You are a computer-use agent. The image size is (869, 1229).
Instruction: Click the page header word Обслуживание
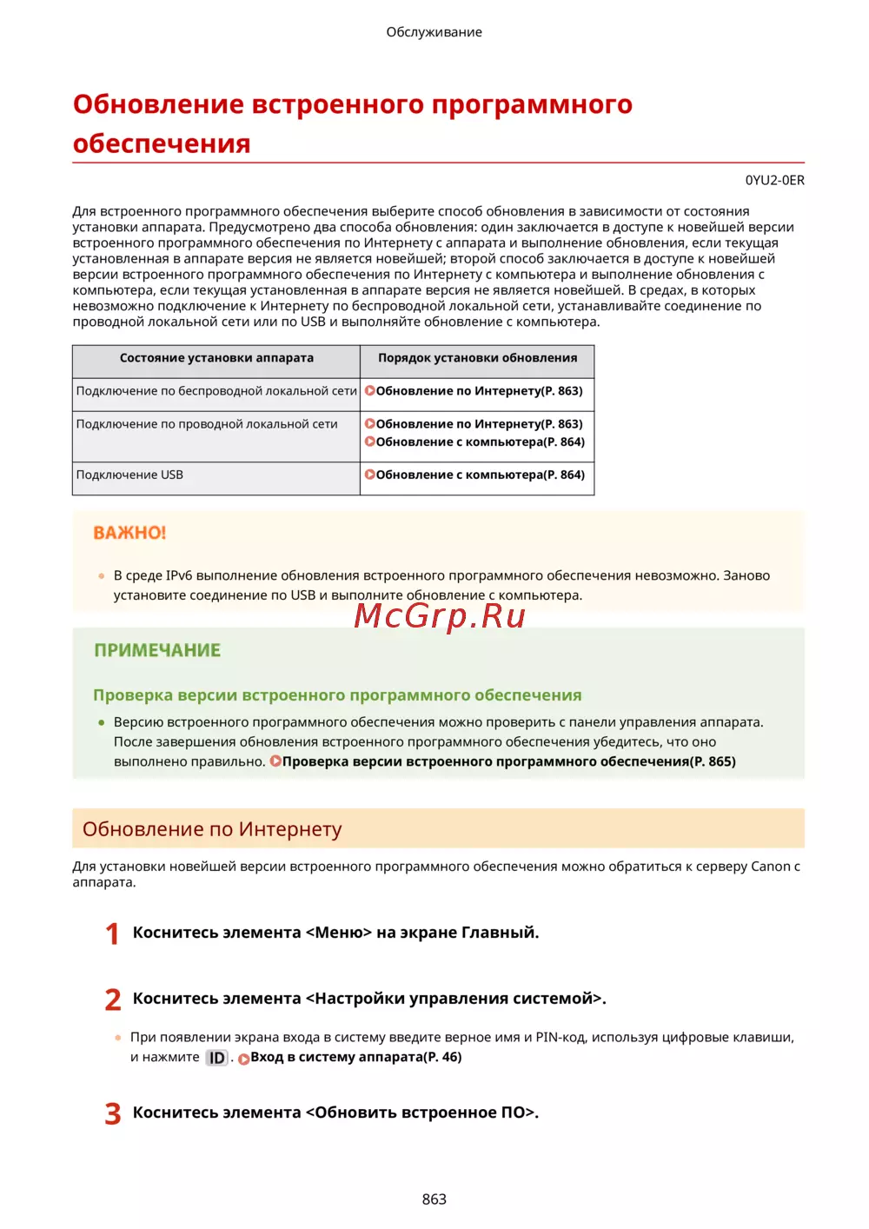[434, 32]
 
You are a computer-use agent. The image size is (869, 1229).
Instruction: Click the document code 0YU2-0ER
[774, 181]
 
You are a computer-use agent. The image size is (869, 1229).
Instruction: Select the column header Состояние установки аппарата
[216, 358]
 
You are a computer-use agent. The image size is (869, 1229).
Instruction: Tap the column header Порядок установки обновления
[477, 358]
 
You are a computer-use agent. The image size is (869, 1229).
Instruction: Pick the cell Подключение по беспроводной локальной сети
[216, 391]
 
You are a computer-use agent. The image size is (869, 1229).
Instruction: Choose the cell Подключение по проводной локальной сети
[207, 424]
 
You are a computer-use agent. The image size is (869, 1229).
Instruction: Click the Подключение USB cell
[129, 475]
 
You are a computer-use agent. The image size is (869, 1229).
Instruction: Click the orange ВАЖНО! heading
[129, 533]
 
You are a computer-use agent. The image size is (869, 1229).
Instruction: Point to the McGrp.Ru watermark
[440, 615]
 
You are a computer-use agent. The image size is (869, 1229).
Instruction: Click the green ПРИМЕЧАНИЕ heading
[157, 650]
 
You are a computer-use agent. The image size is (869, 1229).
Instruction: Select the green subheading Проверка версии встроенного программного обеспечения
[337, 695]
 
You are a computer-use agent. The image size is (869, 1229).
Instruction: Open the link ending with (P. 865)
[508, 761]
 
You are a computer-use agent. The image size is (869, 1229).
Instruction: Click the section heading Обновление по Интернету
[212, 829]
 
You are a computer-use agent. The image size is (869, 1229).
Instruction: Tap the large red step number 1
[112, 934]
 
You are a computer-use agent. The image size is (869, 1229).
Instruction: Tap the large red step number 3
[112, 1114]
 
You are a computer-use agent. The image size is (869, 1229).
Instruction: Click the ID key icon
[216, 1058]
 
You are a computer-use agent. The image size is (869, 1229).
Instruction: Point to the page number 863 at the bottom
[434, 1199]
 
